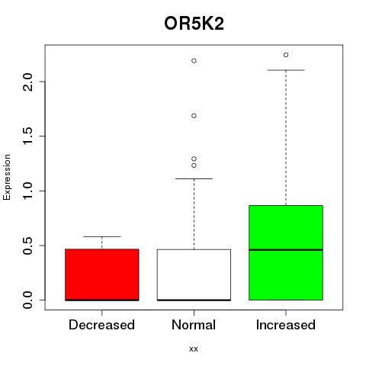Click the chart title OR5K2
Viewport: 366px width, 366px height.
[x=194, y=24]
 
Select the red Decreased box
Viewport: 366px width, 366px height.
[x=102, y=274]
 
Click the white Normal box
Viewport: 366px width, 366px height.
[x=194, y=275]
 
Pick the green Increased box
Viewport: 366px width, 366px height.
[x=286, y=252]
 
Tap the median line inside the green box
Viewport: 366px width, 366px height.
[x=286, y=250]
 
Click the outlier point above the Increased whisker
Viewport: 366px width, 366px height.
[x=286, y=55]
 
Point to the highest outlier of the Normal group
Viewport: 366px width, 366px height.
[x=194, y=61]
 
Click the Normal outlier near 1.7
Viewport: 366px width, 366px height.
[x=194, y=116]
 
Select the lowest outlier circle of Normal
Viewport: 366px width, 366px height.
[x=194, y=165]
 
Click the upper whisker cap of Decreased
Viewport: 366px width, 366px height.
[x=102, y=236]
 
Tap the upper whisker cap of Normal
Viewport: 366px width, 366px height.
[x=194, y=178]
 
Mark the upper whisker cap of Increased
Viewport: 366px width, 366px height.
[x=286, y=70]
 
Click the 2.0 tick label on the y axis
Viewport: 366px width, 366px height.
[x=27, y=82]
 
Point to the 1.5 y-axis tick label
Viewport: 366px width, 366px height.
[x=27, y=136]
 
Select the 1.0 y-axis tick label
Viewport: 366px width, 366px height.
[x=27, y=191]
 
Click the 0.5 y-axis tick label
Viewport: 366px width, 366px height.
[x=27, y=246]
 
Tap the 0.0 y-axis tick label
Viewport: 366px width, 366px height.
[x=27, y=300]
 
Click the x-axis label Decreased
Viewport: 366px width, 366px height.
[x=101, y=325]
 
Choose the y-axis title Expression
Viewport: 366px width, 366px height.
[x=7, y=177]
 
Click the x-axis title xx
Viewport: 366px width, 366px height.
[x=194, y=349]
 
